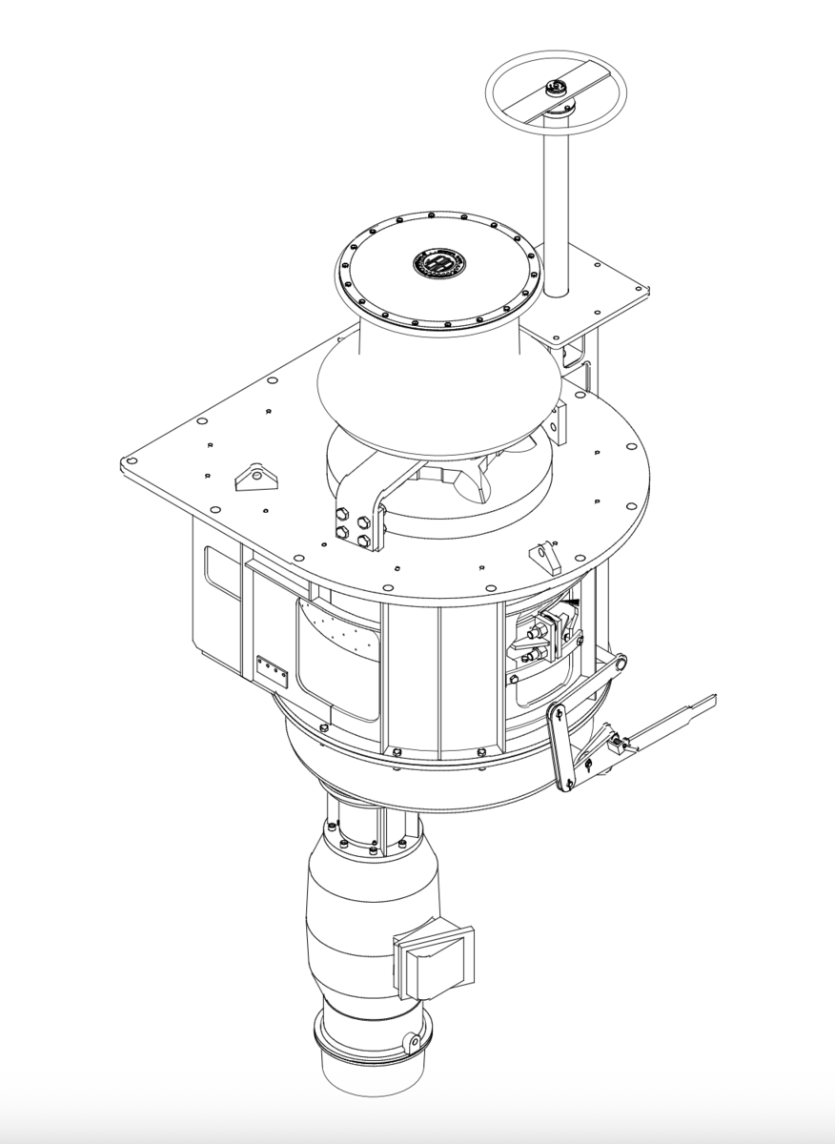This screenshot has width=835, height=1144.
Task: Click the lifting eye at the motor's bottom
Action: (x=414, y=1042)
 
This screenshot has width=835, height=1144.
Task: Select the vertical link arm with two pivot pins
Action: (x=561, y=748)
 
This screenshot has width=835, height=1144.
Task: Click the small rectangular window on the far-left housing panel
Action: (x=223, y=577)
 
